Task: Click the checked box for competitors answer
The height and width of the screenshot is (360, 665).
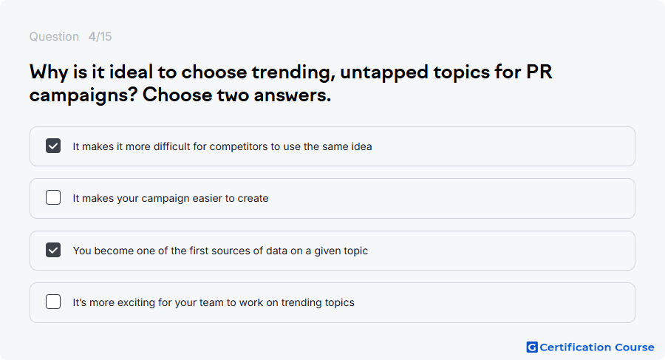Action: coord(53,146)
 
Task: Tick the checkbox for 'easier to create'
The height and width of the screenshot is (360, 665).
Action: coord(53,197)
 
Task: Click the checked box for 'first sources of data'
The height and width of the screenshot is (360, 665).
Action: coord(53,250)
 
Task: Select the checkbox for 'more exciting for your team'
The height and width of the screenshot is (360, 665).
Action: coord(53,302)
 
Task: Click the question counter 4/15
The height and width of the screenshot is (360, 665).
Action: coord(100,36)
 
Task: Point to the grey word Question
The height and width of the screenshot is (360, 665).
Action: coord(54,37)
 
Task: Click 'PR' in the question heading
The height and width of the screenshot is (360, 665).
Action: coord(539,72)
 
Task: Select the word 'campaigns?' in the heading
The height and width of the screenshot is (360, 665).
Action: coord(83,95)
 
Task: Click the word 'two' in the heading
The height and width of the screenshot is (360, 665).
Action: coord(233,95)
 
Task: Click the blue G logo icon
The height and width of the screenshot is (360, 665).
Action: coord(532,347)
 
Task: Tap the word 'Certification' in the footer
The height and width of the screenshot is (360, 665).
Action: coord(575,347)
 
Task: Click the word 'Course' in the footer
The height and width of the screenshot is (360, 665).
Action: coord(635,347)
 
